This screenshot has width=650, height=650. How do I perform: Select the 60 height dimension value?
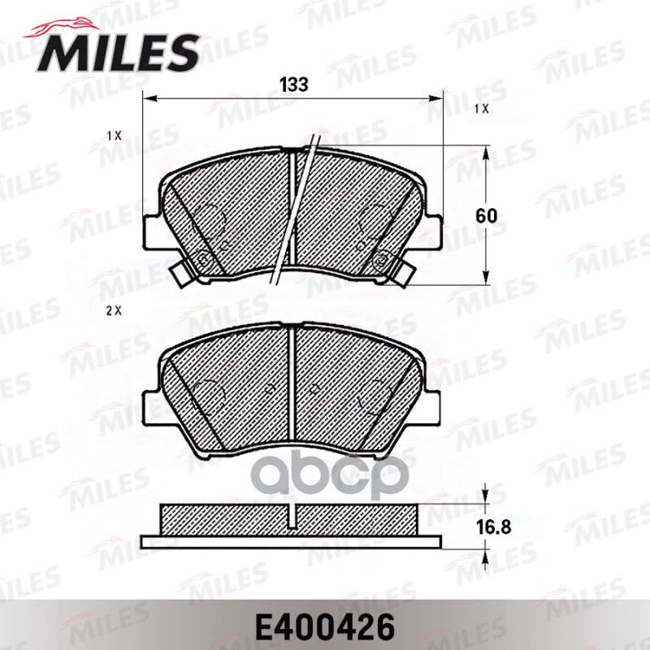pos(486,216)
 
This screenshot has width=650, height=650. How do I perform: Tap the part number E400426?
pos(325,627)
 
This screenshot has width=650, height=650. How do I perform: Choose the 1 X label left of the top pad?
pos(113,136)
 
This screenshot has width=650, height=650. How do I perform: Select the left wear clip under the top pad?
pos(183,274)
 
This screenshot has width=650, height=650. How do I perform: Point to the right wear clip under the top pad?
pos(400,274)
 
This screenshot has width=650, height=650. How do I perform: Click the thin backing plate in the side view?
pos(292,541)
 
